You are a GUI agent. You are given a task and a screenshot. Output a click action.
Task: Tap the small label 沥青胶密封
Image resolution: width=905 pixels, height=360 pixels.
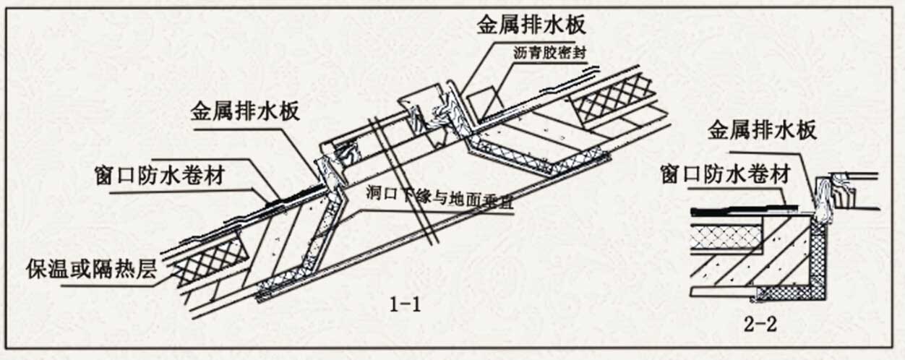coord(555,53)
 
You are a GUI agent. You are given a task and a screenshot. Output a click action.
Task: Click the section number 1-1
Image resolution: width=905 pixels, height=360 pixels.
coord(406,304)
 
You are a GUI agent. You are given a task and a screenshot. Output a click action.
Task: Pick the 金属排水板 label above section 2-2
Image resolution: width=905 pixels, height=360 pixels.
coord(763,131)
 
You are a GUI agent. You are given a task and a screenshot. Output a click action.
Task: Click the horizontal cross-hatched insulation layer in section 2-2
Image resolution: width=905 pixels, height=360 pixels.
coord(724,236)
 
